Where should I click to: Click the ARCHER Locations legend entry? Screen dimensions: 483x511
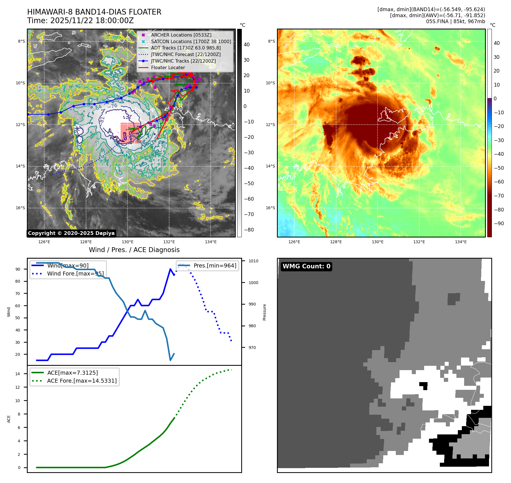181,35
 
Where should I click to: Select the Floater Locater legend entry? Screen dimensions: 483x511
168,67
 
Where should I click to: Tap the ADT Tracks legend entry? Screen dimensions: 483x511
186,48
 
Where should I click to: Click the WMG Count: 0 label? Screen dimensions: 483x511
306,266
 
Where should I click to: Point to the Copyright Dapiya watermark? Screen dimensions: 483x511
71,233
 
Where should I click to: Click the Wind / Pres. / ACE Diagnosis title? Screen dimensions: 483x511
134,250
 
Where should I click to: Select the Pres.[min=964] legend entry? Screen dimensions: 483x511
215,266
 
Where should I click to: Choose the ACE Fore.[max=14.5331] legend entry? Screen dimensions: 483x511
82,381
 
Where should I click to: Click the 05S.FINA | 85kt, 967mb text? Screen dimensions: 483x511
455,21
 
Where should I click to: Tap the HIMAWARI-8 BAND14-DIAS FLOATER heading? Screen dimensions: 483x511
94,12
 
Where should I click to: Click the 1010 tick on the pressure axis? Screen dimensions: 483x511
253,261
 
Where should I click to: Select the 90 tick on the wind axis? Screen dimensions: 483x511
18,269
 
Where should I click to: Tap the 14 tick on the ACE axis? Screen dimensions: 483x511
18,374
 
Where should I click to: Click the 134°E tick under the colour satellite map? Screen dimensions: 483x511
461,242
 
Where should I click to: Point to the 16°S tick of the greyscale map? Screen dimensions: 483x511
20,208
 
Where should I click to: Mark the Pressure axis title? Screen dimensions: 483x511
264,312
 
